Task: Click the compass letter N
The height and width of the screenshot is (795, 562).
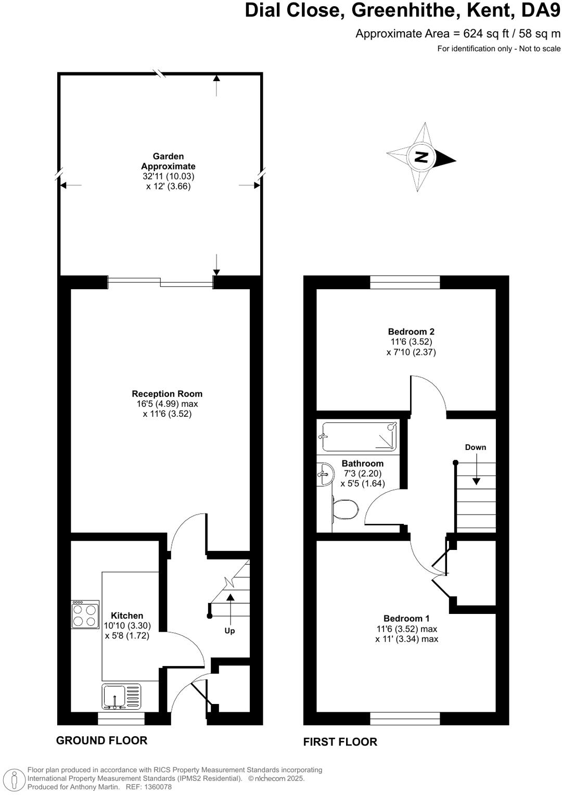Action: (421, 157)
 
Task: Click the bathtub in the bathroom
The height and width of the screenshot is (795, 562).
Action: (360, 437)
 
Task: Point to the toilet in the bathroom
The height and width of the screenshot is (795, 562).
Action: (346, 509)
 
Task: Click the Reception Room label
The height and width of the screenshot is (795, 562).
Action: (167, 394)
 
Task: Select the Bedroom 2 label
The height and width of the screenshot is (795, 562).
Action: (411, 331)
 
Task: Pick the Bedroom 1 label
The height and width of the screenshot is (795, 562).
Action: (406, 618)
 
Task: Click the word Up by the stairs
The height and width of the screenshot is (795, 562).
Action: (229, 631)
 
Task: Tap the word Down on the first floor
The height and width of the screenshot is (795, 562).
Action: (476, 447)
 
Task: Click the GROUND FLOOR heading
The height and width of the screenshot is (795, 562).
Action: (101, 740)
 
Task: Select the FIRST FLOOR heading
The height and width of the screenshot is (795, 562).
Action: (340, 741)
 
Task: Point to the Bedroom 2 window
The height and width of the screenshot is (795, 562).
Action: (405, 283)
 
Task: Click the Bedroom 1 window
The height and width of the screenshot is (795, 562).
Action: (405, 719)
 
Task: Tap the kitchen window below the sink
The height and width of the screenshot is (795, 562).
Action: (121, 719)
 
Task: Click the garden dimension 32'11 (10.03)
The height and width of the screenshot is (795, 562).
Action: (169, 176)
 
